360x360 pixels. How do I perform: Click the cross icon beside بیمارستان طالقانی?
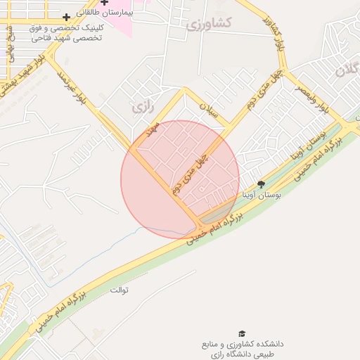click(x=105, y=3)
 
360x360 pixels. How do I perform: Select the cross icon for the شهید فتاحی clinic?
click(x=66, y=16)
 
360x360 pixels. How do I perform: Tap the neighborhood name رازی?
click(x=142, y=107)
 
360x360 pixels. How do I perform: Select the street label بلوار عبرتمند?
click(x=75, y=89)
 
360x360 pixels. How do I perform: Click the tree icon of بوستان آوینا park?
click(x=262, y=185)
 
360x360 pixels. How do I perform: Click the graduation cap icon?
click(x=242, y=333)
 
